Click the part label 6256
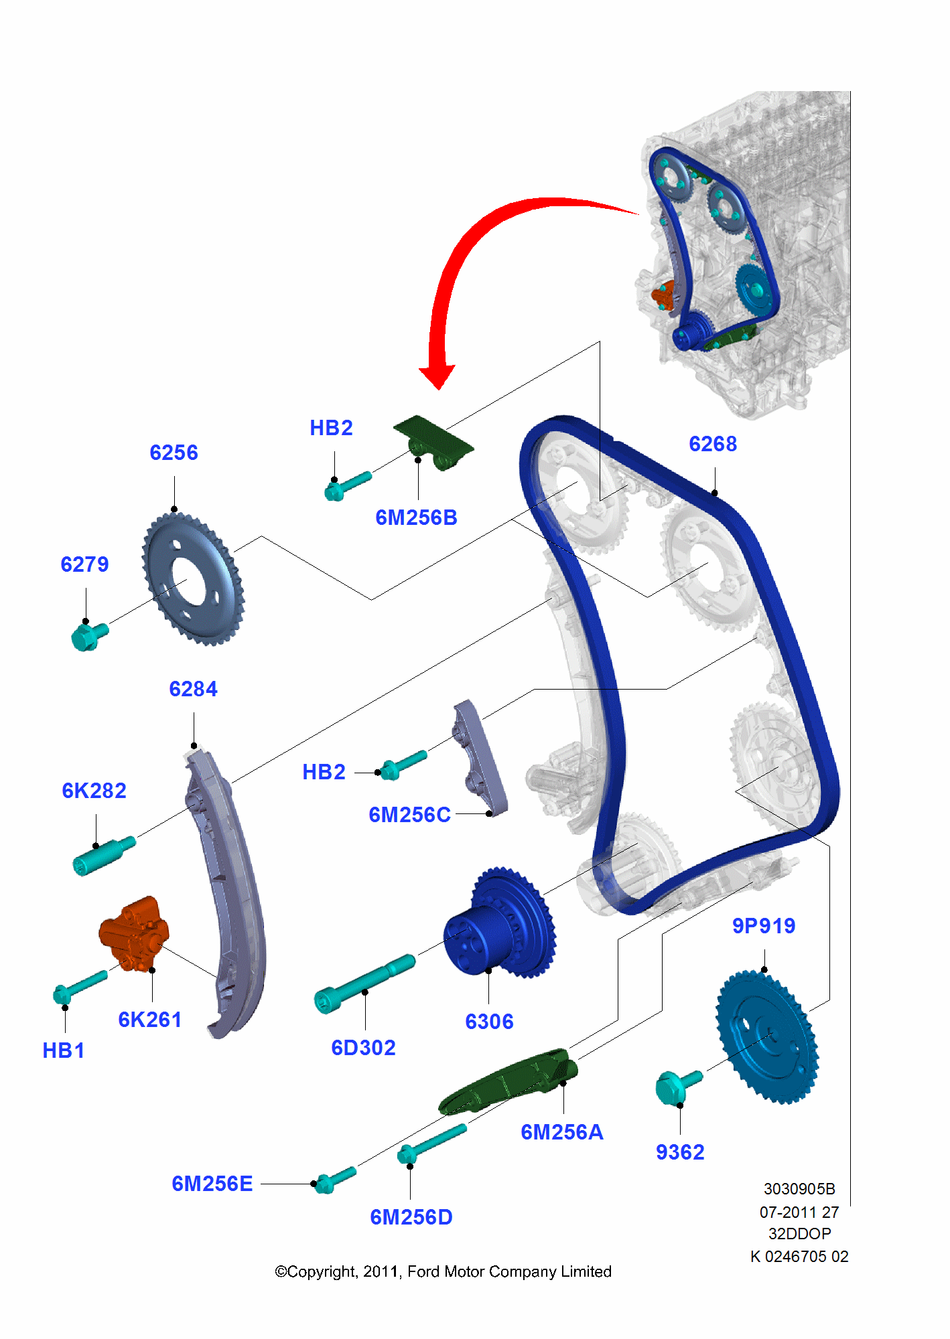point(174,453)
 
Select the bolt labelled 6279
point(88,635)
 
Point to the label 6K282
point(94,791)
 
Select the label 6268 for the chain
point(713,444)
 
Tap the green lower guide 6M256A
point(509,1081)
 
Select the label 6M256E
point(212,1184)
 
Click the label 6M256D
point(411,1217)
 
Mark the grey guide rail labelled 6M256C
point(481,757)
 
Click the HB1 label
point(64,1050)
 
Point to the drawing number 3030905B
point(799,1189)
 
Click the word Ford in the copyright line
point(423,1271)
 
